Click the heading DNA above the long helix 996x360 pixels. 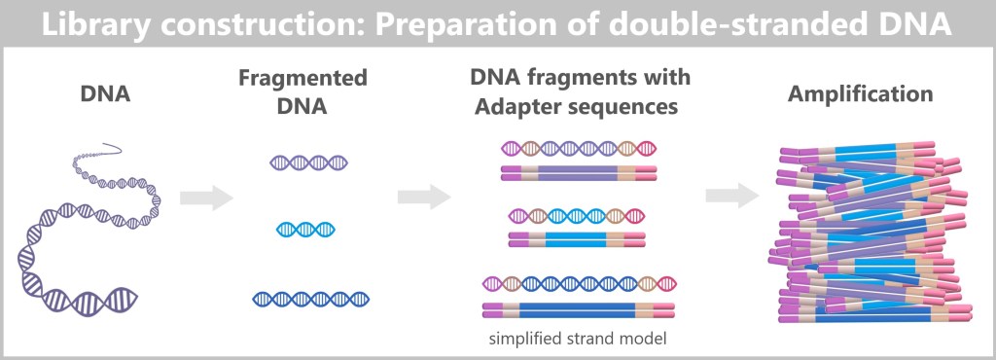tap(105, 94)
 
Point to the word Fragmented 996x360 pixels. tap(303, 79)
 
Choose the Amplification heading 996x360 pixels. tap(860, 94)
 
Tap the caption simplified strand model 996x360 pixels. tap(578, 339)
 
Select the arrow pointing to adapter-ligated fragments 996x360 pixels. tap(424, 197)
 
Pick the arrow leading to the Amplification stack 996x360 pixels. tap(731, 197)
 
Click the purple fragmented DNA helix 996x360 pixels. tap(309, 162)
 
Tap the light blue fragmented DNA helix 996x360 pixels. tap(305, 230)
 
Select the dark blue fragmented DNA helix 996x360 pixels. tap(310, 299)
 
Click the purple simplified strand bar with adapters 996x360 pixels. tap(578, 172)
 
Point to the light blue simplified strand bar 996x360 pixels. tap(577, 239)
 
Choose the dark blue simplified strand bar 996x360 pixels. tap(578, 309)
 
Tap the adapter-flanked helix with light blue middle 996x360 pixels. tap(577, 217)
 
